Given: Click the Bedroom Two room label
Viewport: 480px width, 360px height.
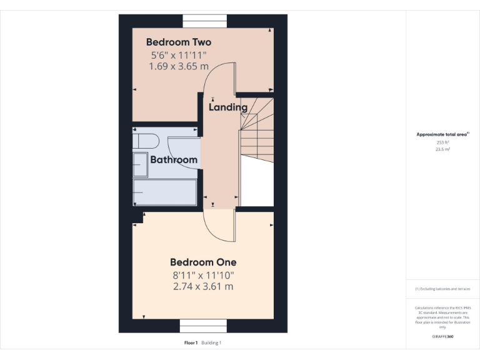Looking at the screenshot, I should pyautogui.click(x=178, y=42).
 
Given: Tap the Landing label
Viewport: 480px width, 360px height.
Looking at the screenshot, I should pyautogui.click(x=227, y=107).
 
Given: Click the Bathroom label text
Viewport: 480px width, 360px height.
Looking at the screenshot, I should pyautogui.click(x=174, y=160).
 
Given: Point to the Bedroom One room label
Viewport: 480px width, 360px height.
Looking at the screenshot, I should pyautogui.click(x=203, y=262).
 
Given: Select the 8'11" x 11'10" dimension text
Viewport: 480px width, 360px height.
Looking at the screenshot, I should pyautogui.click(x=203, y=275).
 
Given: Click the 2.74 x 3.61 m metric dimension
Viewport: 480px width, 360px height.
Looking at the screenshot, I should pyautogui.click(x=203, y=287).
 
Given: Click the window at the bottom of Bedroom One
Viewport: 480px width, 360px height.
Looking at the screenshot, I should pyautogui.click(x=203, y=326).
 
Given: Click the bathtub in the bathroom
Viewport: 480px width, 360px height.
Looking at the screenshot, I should pyautogui.click(x=166, y=192).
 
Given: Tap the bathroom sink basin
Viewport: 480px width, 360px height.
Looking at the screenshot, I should pyautogui.click(x=139, y=164).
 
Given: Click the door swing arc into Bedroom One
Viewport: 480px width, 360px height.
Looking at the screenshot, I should pyautogui.click(x=219, y=228).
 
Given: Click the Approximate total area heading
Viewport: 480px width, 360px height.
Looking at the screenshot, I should pyautogui.click(x=442, y=134).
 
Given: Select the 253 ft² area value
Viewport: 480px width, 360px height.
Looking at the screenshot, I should pyautogui.click(x=442, y=142).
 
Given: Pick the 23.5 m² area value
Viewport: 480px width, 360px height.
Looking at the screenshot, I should pyautogui.click(x=442, y=149).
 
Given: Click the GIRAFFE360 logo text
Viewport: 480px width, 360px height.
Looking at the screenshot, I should pyautogui.click(x=442, y=336).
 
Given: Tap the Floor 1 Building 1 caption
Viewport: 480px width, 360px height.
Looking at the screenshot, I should pyautogui.click(x=203, y=343).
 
